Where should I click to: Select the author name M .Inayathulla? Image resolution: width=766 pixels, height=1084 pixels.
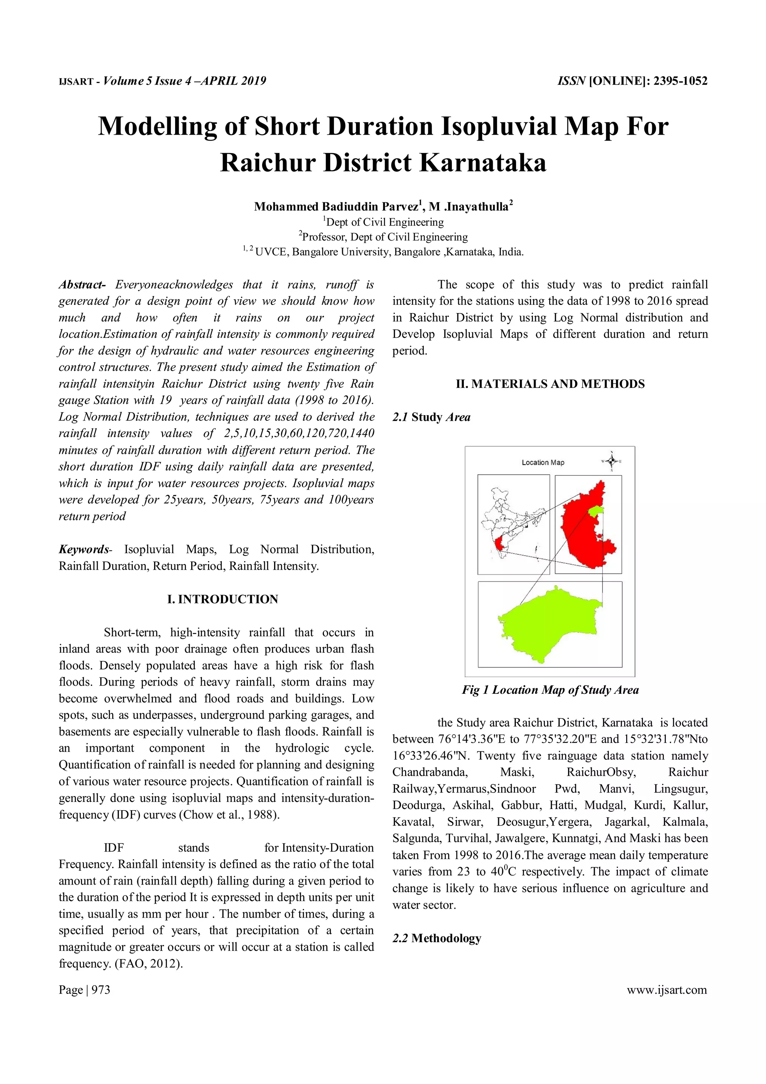[x=468, y=206]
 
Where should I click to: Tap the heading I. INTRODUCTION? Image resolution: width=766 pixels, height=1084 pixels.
[x=223, y=599]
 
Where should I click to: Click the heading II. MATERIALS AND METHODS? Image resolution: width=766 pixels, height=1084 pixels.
[x=550, y=384]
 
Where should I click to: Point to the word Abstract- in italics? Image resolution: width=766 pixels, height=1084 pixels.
[x=81, y=285]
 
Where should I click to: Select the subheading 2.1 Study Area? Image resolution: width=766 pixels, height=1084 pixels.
[x=431, y=417]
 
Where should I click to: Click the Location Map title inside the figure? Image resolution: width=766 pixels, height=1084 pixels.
[x=543, y=462]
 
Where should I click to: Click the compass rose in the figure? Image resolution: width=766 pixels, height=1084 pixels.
[x=611, y=461]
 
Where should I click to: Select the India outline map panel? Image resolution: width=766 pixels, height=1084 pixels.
[x=514, y=524]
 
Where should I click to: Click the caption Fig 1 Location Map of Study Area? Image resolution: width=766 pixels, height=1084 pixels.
[x=550, y=690]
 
